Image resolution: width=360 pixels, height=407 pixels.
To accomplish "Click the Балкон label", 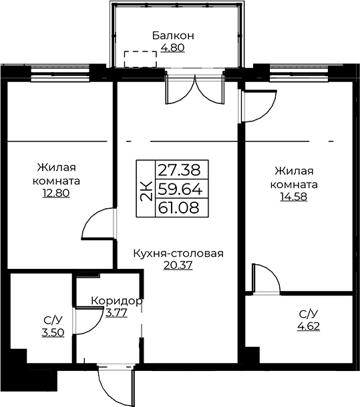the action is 173,35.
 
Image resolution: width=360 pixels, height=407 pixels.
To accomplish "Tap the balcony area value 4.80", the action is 172,48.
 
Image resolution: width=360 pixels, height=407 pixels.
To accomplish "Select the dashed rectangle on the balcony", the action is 140,59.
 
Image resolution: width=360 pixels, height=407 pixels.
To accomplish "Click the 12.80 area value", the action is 56,193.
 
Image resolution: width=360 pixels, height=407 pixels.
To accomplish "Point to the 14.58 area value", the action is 293,197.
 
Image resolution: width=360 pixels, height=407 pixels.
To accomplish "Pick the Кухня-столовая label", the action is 178,254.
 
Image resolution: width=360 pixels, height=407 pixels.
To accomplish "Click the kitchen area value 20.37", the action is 178,266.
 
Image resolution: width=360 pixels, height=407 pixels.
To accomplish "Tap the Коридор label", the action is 117,301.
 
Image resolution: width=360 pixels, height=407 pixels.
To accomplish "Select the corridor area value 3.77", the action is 116,313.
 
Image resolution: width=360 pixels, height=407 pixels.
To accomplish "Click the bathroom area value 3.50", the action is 53,332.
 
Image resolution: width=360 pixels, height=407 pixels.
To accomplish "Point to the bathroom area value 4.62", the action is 309,326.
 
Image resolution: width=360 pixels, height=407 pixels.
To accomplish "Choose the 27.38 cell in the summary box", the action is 182,169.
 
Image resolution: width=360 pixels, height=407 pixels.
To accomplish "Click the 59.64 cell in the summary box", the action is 182,189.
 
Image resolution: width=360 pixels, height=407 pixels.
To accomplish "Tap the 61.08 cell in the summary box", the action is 182,208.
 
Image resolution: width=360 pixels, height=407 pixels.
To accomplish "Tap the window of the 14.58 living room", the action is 299,74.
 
